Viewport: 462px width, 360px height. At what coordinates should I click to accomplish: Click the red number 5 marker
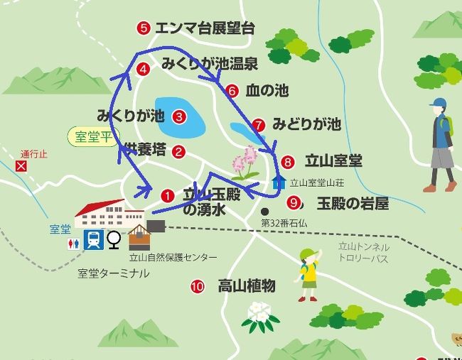tap(144, 28)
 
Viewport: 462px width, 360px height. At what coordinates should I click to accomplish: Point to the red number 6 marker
tap(232, 91)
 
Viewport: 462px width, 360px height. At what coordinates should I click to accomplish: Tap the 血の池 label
tap(267, 91)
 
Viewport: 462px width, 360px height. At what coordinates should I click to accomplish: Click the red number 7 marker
tap(259, 124)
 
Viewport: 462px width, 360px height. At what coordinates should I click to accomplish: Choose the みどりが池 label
tap(306, 125)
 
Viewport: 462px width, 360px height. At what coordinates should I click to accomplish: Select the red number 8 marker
tap(287, 161)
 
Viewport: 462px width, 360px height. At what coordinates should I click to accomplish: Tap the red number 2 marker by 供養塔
tap(179, 151)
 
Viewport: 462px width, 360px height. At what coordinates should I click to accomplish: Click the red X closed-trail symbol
tap(21, 166)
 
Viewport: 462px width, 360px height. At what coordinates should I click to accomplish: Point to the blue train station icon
tap(92, 240)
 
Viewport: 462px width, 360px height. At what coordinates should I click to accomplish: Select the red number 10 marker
tap(198, 287)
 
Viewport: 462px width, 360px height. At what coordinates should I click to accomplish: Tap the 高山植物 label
tap(246, 286)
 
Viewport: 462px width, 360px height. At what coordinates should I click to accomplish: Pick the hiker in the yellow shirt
tap(308, 273)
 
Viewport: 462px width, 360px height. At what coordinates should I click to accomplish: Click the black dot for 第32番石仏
tap(264, 211)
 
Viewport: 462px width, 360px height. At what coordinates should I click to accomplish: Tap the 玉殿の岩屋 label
tap(353, 204)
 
